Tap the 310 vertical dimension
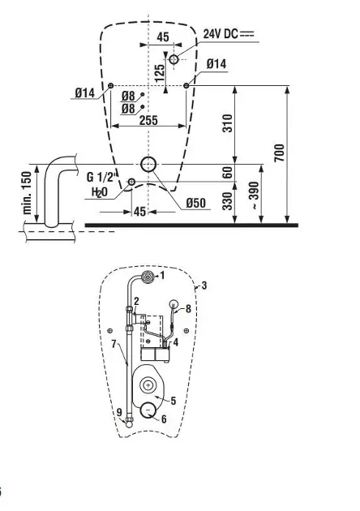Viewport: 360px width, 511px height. click(x=228, y=123)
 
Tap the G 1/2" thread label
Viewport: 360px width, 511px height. click(x=101, y=177)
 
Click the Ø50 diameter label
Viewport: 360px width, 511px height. click(x=195, y=203)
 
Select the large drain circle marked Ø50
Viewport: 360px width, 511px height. click(x=148, y=165)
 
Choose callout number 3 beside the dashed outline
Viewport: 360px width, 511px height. click(x=204, y=286)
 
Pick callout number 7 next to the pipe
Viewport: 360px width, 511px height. click(x=114, y=343)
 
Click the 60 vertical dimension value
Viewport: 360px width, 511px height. click(x=228, y=172)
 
